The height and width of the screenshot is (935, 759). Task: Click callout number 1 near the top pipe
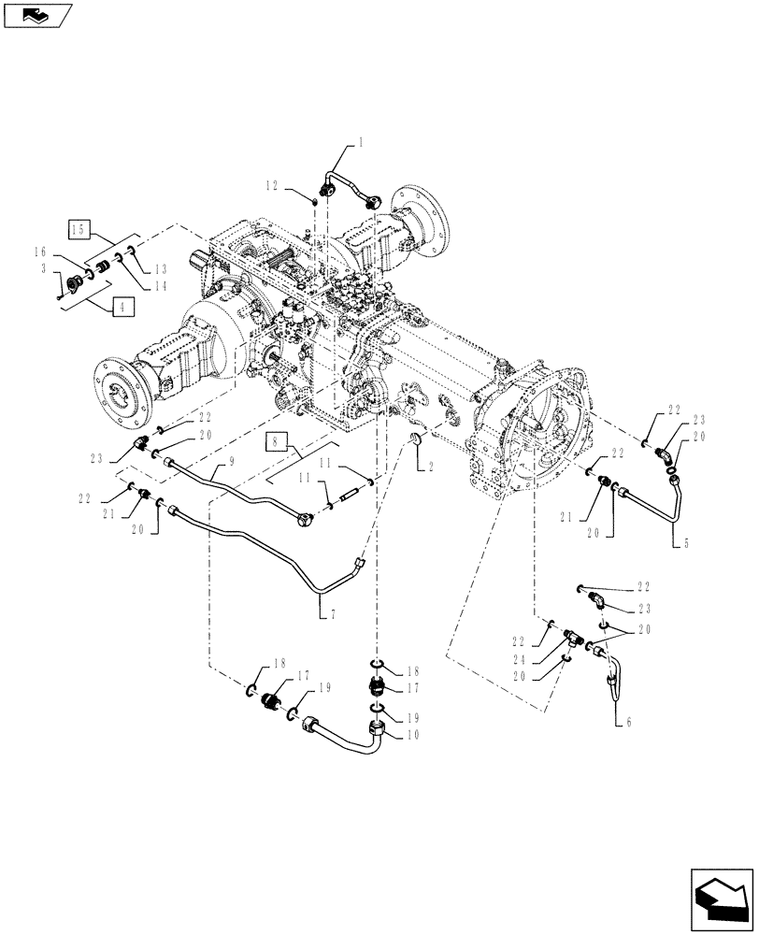[360, 143]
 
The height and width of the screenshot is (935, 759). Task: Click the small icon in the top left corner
[36, 14]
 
